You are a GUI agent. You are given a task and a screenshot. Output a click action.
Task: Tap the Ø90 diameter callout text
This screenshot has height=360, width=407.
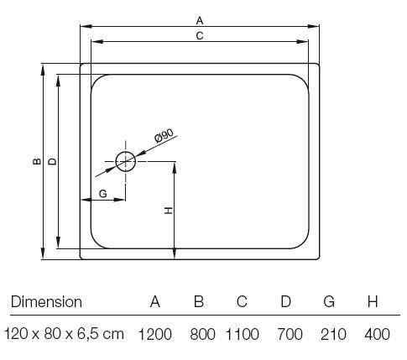[164, 136]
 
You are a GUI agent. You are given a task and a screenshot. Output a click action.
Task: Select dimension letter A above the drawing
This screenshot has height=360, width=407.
[200, 21]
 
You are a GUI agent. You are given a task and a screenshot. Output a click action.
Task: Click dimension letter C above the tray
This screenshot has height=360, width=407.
[200, 36]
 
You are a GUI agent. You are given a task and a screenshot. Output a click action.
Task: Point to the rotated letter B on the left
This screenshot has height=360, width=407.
[37, 161]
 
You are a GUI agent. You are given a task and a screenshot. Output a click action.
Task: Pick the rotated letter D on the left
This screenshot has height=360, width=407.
[52, 161]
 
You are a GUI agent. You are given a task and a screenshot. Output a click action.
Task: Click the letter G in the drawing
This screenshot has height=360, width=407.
[103, 193]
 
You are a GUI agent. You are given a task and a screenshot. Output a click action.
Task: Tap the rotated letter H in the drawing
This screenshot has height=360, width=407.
[169, 211]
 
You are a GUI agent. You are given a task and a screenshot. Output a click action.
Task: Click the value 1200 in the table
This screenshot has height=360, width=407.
[155, 334]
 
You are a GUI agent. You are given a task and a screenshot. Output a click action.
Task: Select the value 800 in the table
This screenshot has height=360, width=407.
[202, 334]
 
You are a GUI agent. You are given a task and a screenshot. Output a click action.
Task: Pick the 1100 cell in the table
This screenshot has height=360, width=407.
[243, 334]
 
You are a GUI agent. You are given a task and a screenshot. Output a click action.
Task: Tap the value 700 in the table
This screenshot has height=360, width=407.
[290, 334]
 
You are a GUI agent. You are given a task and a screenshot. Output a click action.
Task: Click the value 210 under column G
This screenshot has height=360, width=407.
[333, 334]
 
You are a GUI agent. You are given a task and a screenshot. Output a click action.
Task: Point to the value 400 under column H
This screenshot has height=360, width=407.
[377, 334]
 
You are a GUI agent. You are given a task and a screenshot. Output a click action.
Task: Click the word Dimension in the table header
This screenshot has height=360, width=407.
[46, 302]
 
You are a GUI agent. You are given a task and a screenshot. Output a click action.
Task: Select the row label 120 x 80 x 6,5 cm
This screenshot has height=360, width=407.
[64, 334]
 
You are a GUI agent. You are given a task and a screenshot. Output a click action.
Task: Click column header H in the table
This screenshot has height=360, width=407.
[373, 302]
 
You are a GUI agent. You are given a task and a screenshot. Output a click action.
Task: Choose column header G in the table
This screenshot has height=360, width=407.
[329, 302]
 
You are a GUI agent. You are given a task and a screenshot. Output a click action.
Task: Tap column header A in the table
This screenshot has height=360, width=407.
[155, 302]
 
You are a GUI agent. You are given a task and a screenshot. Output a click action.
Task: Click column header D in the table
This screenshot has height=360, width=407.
[286, 302]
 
